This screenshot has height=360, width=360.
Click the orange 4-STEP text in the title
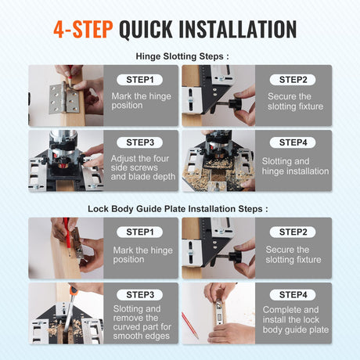pos(83,29)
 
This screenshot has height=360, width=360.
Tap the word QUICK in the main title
pos(146,30)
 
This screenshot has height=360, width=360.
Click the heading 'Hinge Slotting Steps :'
pos(182,56)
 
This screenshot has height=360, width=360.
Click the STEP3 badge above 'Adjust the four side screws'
pos(140,142)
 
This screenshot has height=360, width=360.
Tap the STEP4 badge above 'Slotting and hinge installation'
pos(293,142)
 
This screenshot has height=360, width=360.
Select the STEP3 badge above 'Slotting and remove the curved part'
pos(140,295)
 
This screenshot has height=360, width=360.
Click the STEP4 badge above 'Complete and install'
pos(293,295)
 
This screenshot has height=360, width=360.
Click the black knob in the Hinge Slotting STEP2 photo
pos(235,104)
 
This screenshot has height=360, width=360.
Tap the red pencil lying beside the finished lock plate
pos(190,325)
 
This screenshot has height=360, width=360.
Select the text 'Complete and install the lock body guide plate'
pos(295,319)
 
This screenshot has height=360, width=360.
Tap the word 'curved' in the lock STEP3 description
pos(128,327)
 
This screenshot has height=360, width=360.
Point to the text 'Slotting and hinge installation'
pos(295,166)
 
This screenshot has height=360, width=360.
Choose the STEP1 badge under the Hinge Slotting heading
pos(140,80)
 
